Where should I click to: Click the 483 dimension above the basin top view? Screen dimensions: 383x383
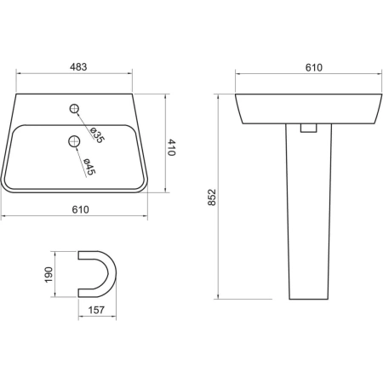coord(78,67)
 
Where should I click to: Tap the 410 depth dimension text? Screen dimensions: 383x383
coord(171,147)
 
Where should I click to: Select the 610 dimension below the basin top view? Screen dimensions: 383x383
coord(80,209)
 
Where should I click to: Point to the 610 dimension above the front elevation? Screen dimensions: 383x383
coord(314,67)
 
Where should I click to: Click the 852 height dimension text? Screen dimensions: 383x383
coord(212,197)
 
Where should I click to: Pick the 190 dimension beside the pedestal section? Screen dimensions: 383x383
coord(49,275)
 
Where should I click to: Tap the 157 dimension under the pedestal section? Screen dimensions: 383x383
coord(96,310)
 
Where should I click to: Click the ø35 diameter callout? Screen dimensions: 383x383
coord(97,135)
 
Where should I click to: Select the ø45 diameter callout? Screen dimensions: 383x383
coord(89,166)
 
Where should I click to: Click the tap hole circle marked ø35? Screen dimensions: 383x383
coord(74,108)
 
